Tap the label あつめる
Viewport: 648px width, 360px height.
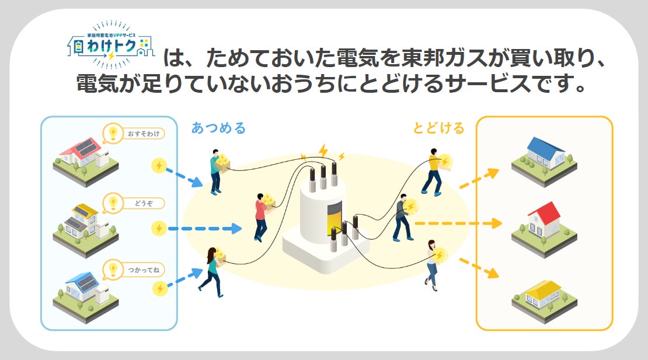click(x=218, y=128)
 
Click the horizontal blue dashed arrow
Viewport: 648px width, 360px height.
click(x=204, y=228)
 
